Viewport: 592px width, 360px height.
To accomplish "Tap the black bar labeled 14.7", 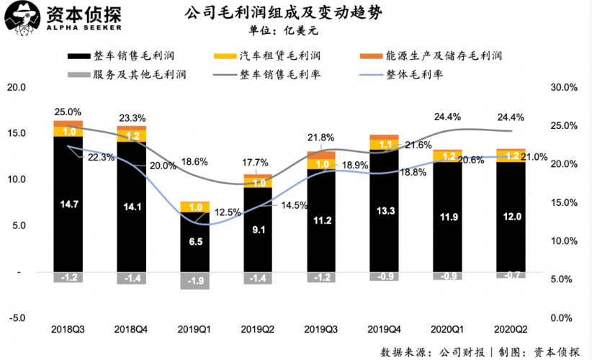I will [x=68, y=204].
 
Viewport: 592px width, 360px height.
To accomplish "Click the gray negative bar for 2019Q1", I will [x=195, y=281].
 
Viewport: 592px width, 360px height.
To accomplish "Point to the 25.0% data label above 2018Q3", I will [x=68, y=112].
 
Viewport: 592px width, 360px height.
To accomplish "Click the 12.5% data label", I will [x=228, y=212].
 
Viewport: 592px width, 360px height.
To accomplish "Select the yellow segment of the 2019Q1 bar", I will [x=195, y=207].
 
